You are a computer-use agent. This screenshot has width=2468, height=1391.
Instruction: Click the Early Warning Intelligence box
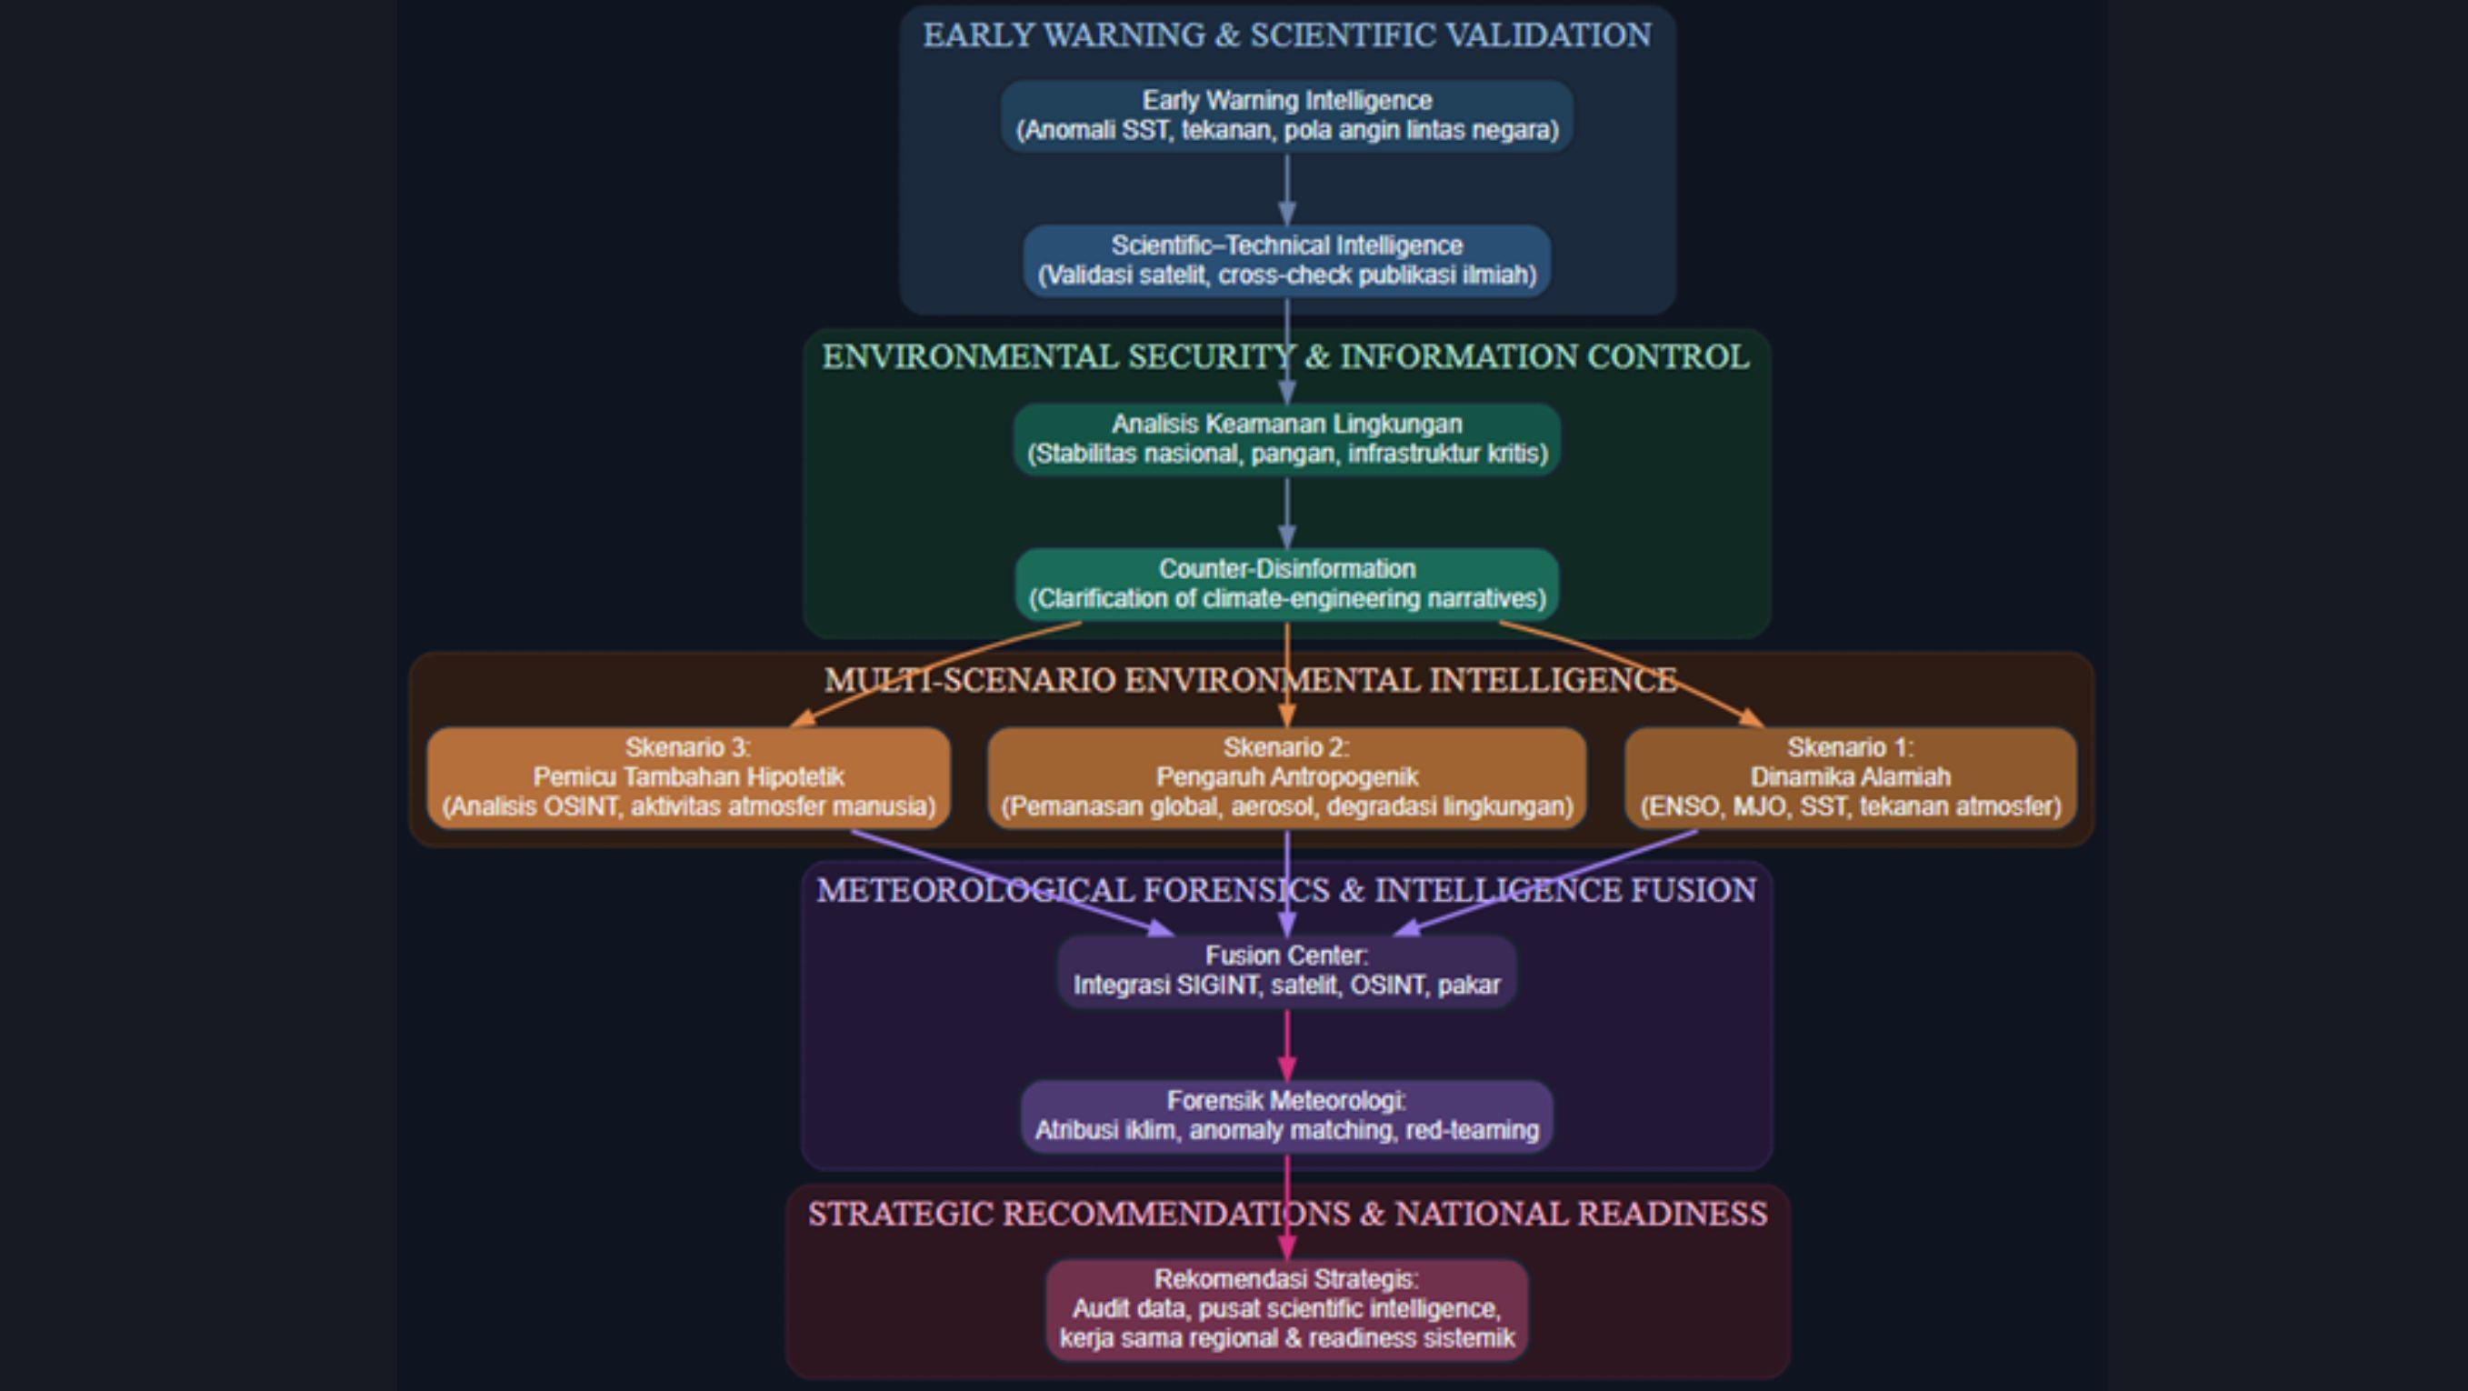click(1286, 115)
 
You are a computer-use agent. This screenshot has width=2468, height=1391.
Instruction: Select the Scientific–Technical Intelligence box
click(1286, 261)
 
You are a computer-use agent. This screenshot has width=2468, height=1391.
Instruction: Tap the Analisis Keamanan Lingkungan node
click(1286, 439)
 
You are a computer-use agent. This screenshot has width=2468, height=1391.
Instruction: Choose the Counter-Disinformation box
click(1286, 584)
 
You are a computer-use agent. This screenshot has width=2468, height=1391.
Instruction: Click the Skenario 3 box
click(688, 777)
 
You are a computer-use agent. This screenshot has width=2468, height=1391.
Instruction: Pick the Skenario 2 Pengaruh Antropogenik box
click(1286, 777)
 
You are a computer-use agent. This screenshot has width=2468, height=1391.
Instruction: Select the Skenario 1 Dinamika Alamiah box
click(1850, 777)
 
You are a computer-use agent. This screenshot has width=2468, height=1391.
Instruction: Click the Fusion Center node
click(1286, 970)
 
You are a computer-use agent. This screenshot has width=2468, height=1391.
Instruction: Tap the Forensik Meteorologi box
click(1286, 1116)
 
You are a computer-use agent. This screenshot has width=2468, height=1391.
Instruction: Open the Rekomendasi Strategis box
click(1286, 1308)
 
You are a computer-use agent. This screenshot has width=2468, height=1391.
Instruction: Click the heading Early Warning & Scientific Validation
click(1286, 35)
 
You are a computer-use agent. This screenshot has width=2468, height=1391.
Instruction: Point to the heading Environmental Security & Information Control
click(1285, 357)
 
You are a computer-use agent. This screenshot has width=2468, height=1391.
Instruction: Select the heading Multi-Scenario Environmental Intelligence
click(1250, 680)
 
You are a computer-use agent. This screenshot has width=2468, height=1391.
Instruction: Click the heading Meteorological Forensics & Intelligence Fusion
click(1285, 891)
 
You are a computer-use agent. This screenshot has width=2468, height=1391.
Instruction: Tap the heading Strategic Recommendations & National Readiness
click(1286, 1215)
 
